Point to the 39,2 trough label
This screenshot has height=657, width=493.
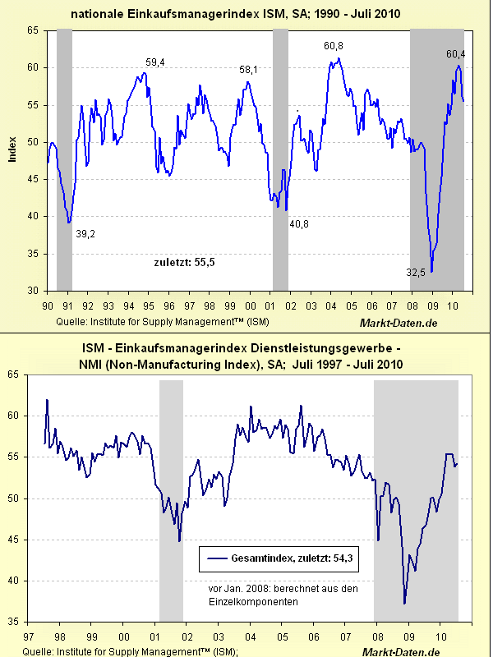[x=86, y=234]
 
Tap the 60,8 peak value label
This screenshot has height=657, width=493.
[x=334, y=46]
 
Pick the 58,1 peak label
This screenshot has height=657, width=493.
[x=249, y=71]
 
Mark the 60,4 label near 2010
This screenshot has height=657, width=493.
[x=456, y=54]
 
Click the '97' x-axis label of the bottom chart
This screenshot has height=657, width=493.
[x=28, y=636]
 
